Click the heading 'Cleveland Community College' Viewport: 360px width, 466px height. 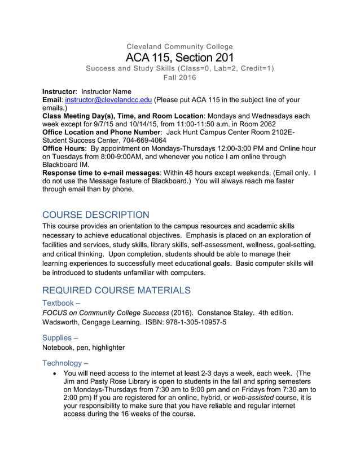[179, 46]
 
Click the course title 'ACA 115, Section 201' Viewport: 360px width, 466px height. [179, 58]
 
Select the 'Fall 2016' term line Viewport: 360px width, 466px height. [179, 78]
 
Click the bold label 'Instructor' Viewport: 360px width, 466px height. [59, 91]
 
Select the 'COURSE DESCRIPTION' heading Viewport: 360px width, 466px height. [96, 215]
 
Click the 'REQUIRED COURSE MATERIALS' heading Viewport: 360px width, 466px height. [116, 290]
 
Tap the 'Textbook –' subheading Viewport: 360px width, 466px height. [63, 303]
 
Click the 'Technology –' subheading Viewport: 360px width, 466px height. [65, 363]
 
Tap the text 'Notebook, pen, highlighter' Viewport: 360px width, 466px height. [84, 348]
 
